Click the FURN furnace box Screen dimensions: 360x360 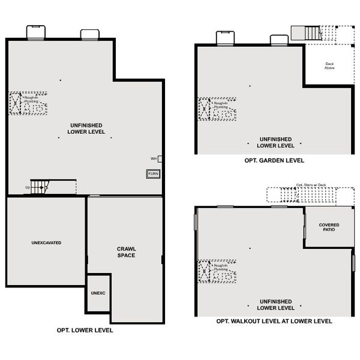[x=154, y=174]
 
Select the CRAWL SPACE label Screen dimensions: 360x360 [x=126, y=252]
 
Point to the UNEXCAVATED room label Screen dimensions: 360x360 [x=46, y=243]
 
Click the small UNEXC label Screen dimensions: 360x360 [x=98, y=293]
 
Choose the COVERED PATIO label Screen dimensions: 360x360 [x=329, y=227]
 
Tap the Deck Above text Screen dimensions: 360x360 [x=329, y=66]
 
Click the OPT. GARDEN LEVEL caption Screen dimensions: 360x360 [x=274, y=160]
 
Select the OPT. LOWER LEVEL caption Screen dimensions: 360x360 [x=85, y=330]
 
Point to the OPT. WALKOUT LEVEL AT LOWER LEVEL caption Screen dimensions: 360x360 [x=274, y=322]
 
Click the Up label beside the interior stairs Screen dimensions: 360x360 [x=27, y=188]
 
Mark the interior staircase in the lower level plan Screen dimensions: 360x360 [x=41, y=187]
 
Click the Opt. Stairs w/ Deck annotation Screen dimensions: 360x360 [x=310, y=185]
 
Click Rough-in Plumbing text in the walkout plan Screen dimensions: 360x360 [x=220, y=268]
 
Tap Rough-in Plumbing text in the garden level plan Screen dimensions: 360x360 [x=220, y=106]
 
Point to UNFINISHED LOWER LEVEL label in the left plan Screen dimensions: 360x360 [x=85, y=128]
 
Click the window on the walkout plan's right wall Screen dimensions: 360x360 [x=353, y=262]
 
